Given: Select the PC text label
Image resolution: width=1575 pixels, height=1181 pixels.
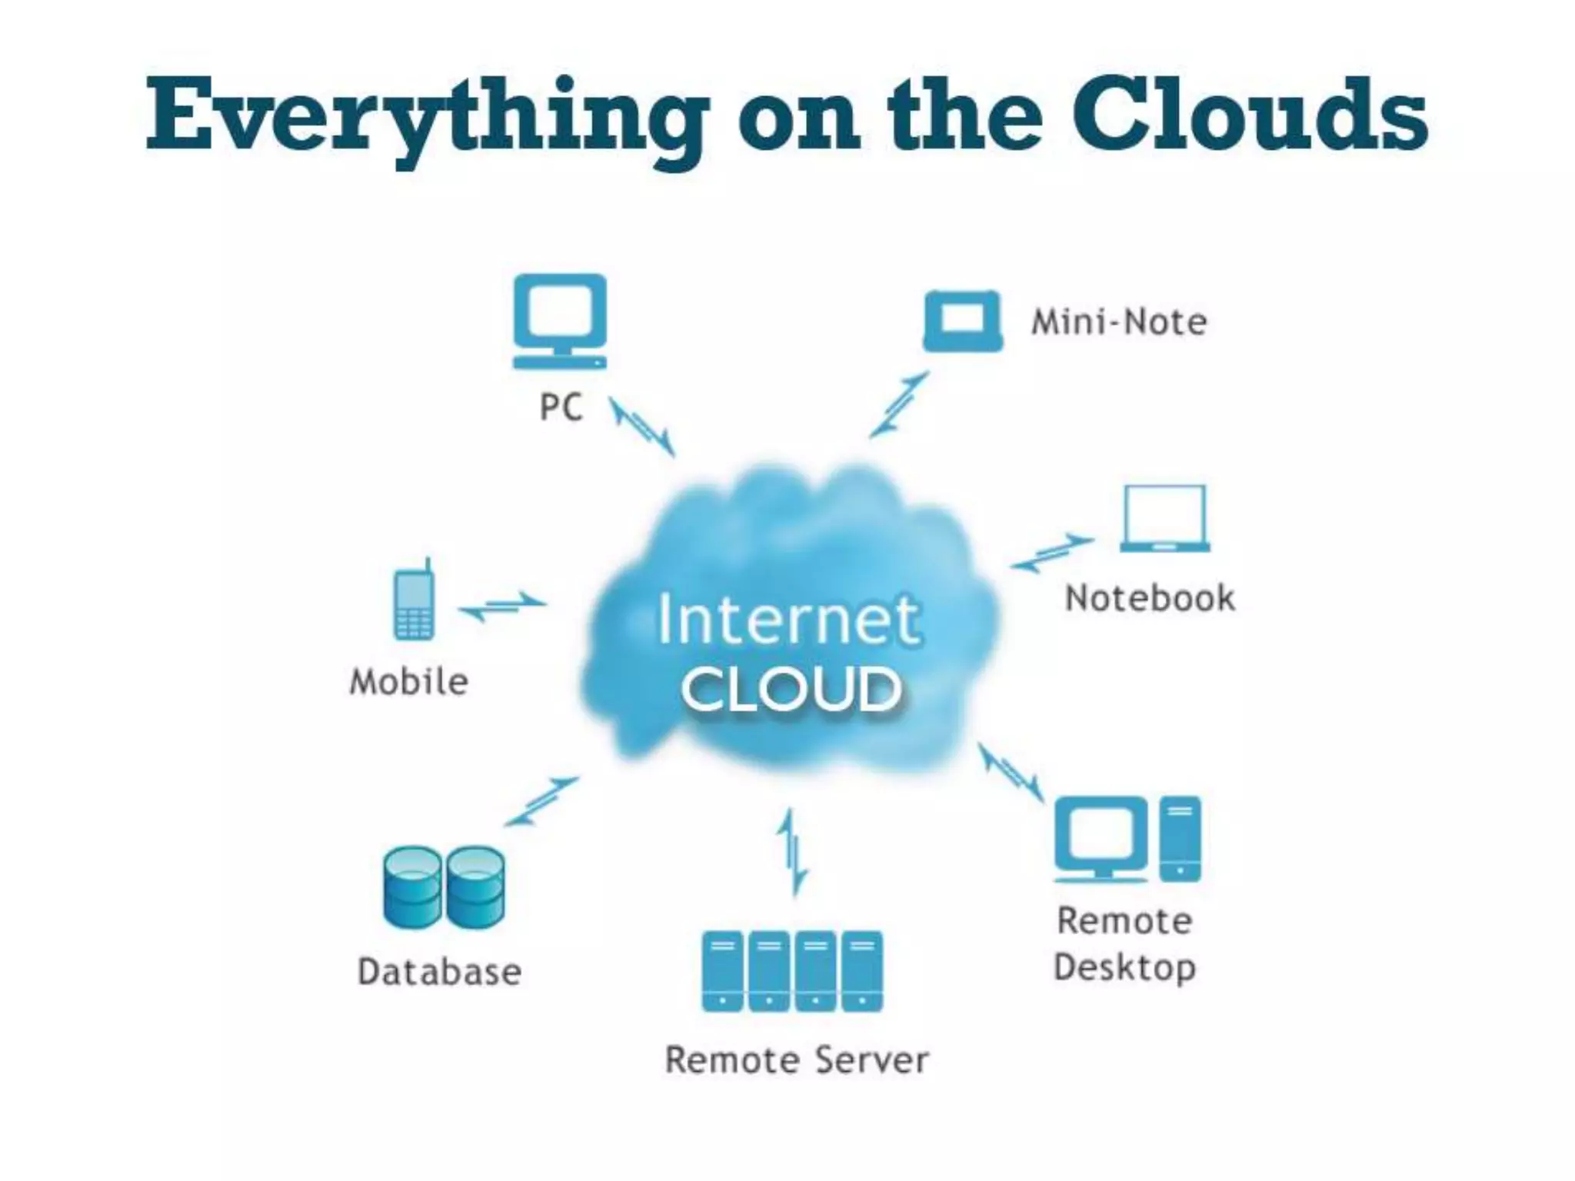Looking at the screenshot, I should coord(561,407).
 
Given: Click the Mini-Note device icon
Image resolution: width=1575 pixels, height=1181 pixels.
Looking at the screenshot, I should coord(963,321).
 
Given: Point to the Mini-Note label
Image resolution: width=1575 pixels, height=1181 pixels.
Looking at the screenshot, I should coord(1119,321).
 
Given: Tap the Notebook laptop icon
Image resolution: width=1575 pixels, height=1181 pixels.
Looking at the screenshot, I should coord(1164,518).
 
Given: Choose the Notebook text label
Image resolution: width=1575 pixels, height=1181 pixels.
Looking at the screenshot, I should coord(1150,598).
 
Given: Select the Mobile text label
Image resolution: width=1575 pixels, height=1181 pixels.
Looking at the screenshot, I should coord(409,682).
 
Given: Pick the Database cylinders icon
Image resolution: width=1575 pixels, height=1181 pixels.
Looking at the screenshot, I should coord(444,887).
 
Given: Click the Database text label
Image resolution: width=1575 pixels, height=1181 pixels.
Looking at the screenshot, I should coord(440,972).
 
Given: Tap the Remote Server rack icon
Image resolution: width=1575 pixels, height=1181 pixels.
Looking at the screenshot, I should coord(792,971).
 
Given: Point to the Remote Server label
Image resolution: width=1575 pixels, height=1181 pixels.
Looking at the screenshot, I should coord(797,1060).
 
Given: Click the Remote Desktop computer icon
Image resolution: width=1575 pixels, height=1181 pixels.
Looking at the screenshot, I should coord(1127,839).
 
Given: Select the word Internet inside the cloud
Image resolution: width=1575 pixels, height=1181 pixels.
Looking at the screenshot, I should coord(788,620).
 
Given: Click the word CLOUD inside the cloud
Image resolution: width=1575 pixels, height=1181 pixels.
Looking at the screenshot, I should coord(791,689).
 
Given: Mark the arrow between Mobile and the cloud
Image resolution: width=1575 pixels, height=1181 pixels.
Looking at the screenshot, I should coord(502,607).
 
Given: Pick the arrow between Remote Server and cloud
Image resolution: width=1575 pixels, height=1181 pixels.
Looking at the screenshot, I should coord(792,851).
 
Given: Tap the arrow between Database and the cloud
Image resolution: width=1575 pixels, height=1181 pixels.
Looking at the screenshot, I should coord(541,801).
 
